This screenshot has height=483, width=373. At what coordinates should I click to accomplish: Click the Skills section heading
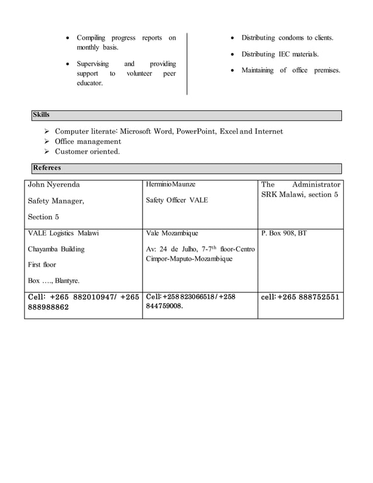(x=42, y=115)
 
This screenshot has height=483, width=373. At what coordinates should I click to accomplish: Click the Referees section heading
(x=47, y=168)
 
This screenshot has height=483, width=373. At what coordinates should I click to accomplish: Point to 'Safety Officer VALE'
(x=177, y=201)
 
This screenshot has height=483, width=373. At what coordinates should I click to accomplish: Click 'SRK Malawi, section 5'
(x=299, y=195)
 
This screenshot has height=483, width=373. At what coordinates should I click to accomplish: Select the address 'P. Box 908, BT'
(x=284, y=233)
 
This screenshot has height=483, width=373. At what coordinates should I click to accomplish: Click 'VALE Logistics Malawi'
(x=63, y=233)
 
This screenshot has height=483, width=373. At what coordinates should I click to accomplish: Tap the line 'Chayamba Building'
(x=57, y=249)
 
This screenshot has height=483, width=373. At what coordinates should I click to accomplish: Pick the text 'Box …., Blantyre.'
(x=54, y=281)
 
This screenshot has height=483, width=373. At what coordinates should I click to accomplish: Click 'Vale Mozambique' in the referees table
(x=172, y=233)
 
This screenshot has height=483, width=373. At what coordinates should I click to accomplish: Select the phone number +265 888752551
(x=309, y=297)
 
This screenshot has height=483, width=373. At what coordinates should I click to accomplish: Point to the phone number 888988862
(x=49, y=306)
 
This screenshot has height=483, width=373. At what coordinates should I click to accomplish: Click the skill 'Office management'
(x=88, y=142)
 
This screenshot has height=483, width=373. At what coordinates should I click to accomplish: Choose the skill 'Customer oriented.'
(x=87, y=151)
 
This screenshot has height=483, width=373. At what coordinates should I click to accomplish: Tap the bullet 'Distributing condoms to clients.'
(x=287, y=38)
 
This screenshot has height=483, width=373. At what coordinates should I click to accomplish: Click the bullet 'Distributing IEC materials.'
(x=280, y=54)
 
